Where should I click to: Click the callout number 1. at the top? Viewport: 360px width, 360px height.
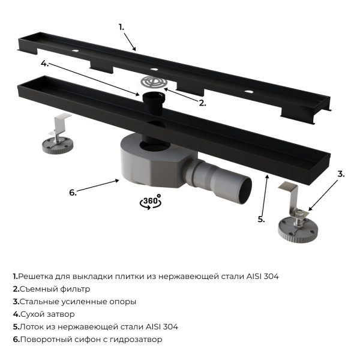(121, 26)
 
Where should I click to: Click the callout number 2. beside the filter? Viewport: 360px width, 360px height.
(202, 103)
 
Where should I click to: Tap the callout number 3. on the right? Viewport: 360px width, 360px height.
(341, 175)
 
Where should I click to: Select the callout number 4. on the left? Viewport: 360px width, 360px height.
(44, 62)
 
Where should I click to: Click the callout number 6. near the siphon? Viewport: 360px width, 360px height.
(73, 192)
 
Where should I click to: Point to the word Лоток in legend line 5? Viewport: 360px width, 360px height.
(31, 326)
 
